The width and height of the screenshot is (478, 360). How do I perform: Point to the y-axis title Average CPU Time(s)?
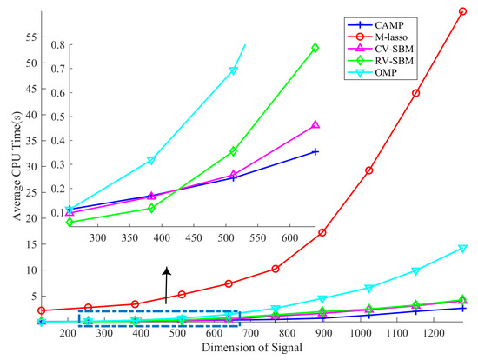(11, 165)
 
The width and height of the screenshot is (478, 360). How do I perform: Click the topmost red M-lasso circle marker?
(462, 11)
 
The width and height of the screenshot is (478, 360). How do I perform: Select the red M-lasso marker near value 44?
(416, 93)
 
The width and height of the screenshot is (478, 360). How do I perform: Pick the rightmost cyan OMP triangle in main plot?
(462, 249)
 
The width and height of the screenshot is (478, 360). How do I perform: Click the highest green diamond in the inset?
(315, 48)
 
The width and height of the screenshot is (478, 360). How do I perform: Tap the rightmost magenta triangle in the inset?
(315, 125)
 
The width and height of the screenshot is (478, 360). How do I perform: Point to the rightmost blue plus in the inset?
(315, 151)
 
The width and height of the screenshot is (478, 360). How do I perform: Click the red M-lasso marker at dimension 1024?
(369, 170)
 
